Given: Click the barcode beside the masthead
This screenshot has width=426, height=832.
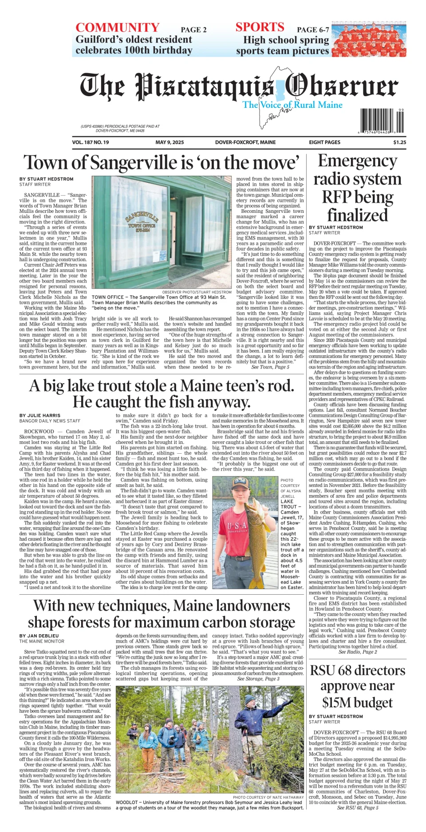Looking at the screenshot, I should pyautogui.click(x=382, y=121).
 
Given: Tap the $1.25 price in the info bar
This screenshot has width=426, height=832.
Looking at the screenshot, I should pyautogui.click(x=399, y=142).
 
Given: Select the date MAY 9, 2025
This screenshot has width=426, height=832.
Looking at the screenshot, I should pyautogui.click(x=170, y=142).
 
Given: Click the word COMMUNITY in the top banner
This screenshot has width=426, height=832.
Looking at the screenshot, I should pyautogui.click(x=117, y=27).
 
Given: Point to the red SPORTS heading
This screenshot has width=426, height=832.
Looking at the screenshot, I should pyautogui.click(x=260, y=27).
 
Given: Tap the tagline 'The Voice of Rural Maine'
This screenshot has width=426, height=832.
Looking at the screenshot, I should pyautogui.click(x=292, y=105).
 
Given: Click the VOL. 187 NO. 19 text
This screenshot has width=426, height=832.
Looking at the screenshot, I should pyautogui.click(x=91, y=142).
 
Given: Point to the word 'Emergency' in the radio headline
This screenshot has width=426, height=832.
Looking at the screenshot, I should pyautogui.click(x=357, y=161).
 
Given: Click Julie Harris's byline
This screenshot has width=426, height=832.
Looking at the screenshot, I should pyautogui.click(x=40, y=416).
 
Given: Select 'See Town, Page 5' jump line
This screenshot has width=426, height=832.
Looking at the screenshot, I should pyautogui.click(x=270, y=367).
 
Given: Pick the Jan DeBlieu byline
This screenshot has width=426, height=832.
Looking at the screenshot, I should pyautogui.click(x=40, y=636).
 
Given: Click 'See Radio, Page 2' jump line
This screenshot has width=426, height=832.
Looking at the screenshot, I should pyautogui.click(x=358, y=651).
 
